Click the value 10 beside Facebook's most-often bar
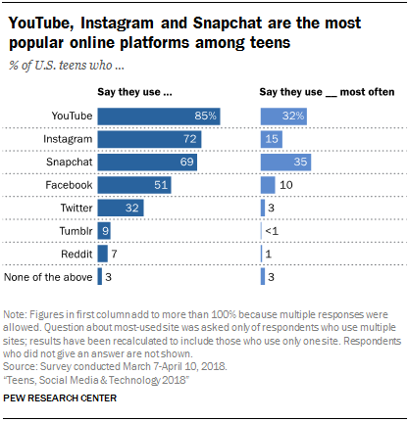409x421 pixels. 286,184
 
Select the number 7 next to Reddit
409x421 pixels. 115,254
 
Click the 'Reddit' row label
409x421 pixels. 73,254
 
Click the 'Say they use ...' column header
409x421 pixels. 136,92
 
